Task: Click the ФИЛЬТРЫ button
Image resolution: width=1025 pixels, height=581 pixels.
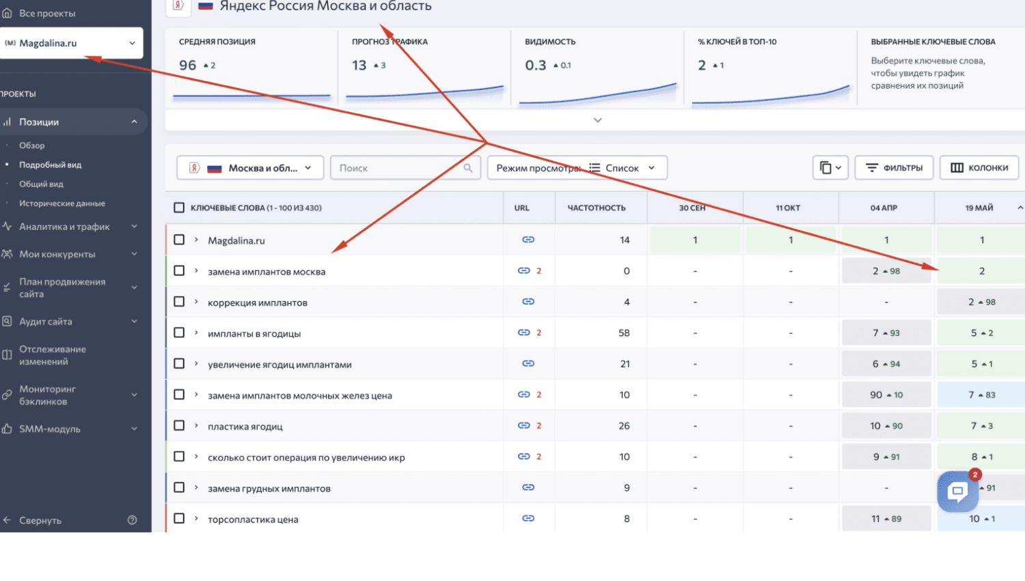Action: point(894,168)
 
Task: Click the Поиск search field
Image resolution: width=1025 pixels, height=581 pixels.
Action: point(405,168)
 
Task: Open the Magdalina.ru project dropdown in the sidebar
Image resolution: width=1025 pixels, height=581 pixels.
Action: point(71,43)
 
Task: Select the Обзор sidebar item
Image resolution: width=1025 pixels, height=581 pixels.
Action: point(31,145)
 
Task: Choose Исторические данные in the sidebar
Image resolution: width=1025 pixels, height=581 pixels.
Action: point(61,203)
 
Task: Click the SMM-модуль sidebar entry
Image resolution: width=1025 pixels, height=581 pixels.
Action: point(49,429)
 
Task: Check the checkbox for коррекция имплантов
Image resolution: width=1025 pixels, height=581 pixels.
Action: point(179,302)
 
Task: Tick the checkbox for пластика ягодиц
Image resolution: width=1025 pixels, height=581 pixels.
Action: point(179,425)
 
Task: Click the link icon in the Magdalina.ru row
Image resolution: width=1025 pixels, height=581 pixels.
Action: point(528,240)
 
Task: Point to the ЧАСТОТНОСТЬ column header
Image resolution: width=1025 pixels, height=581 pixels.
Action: point(597,208)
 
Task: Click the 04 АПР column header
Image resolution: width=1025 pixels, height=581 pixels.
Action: point(884,208)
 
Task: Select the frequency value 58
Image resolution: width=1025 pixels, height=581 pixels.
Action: point(624,332)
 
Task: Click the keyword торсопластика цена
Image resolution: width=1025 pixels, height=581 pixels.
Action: point(253,520)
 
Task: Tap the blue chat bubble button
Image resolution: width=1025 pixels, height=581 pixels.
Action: point(958,492)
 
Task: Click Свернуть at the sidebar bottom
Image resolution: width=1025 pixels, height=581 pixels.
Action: point(40,520)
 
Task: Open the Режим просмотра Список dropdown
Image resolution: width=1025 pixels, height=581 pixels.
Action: point(577,168)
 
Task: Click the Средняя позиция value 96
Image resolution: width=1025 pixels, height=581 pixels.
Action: point(188,66)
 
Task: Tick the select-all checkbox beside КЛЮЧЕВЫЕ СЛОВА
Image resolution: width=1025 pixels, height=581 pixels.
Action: point(179,208)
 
